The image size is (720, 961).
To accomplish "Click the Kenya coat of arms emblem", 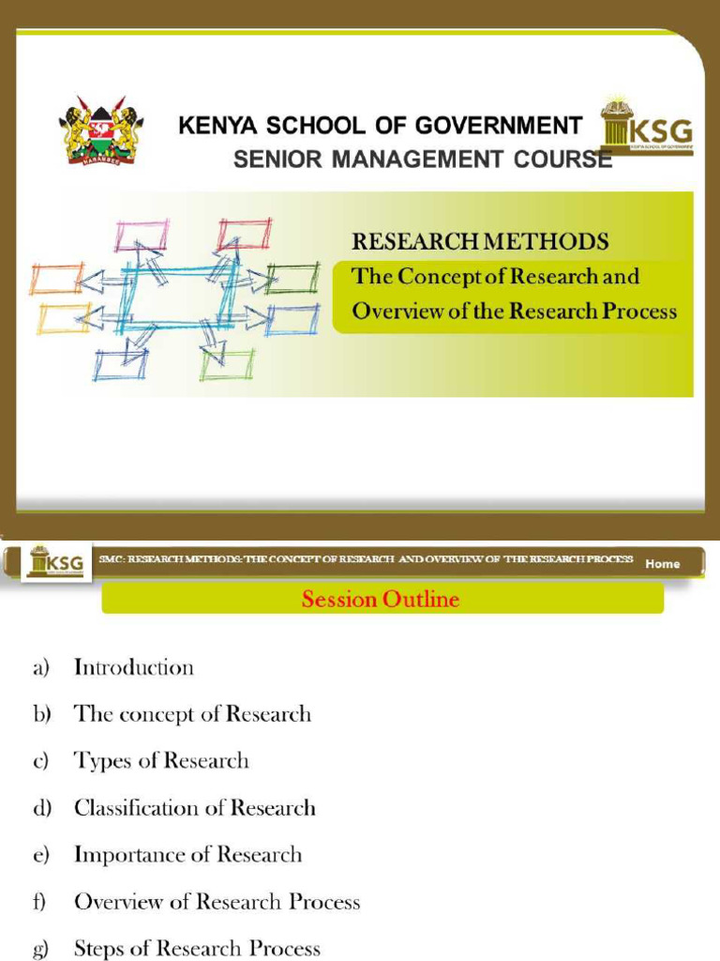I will tap(98, 130).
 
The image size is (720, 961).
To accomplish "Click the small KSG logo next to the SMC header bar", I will tap(57, 563).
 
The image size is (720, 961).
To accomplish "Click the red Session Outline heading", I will tap(381, 599).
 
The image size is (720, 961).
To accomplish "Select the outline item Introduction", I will tap(134, 667).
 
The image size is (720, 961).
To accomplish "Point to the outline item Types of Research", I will tap(161, 760).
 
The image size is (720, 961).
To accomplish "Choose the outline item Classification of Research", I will tap(195, 807).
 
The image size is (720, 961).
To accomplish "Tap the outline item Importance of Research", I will tap(187, 854).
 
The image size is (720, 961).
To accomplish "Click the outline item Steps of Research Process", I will tap(197, 948).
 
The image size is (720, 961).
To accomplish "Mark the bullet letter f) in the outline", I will tap(39, 902).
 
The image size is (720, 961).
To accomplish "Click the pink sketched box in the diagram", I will tap(142, 235).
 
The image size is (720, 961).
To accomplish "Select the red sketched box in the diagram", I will tap(244, 234).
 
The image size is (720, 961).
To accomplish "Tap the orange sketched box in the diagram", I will tap(57, 278).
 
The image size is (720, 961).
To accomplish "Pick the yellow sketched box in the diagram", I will tap(63, 319).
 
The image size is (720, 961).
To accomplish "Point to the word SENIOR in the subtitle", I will tap(271, 160).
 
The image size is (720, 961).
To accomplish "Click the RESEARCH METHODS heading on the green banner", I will tap(479, 241).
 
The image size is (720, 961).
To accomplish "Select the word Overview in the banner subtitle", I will tap(394, 311).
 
